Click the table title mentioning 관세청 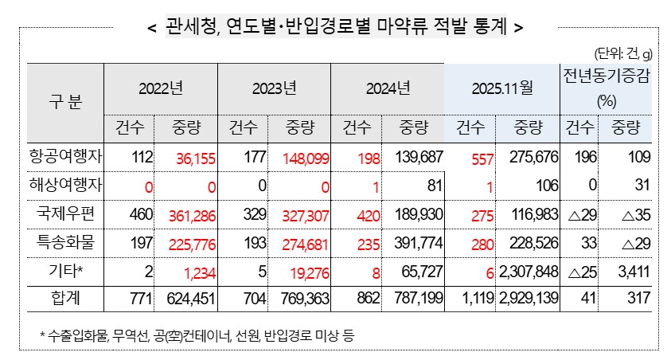tap(335, 26)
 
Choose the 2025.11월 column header tap(503, 88)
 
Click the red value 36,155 tap(188, 159)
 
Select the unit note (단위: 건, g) tap(623, 54)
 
